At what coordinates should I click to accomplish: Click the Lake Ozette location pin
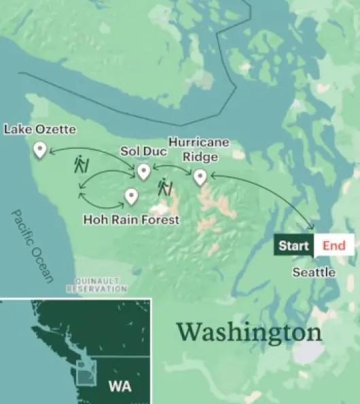coord(40,149)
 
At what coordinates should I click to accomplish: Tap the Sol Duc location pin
coord(143,172)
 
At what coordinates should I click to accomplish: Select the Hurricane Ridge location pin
coord(200,177)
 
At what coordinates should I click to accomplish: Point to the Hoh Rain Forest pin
coord(131,197)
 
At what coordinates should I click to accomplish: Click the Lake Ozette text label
coord(40,129)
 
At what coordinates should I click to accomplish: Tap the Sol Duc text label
coord(143,151)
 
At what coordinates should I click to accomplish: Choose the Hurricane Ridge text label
coord(199,149)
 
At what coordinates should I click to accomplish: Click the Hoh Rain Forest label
coord(131,219)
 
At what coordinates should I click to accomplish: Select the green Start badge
coord(293,246)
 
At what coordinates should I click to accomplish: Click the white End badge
coord(334,246)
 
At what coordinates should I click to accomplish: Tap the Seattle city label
coord(314,272)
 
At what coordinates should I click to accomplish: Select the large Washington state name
coord(249,333)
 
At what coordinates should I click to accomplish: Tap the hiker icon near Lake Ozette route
coord(81,165)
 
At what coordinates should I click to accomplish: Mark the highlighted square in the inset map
coord(87,373)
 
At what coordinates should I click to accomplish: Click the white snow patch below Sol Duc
coord(160,210)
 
